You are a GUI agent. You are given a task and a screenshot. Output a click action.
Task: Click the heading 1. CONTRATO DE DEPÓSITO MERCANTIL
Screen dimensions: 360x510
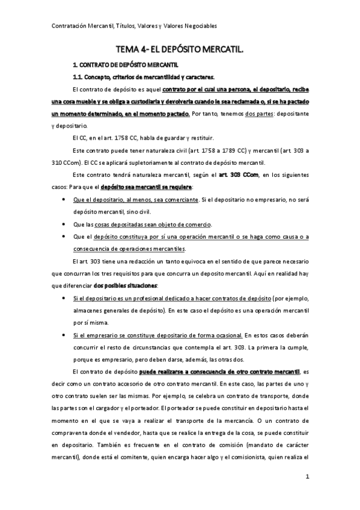(125, 64)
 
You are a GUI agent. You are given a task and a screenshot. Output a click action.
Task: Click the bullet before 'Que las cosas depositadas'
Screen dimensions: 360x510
(64, 224)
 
